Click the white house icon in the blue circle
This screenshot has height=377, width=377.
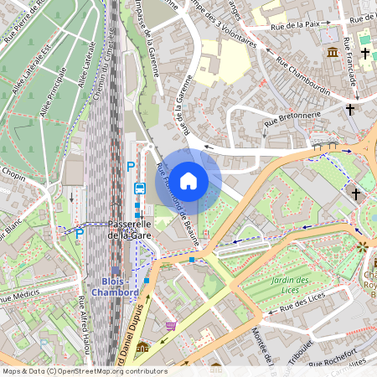(x=188, y=181)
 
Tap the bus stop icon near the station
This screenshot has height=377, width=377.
(x=139, y=188)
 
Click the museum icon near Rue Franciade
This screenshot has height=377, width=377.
(x=333, y=53)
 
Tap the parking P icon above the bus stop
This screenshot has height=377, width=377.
(x=130, y=168)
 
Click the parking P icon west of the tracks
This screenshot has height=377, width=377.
(x=80, y=234)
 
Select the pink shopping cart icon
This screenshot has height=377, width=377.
(x=172, y=326)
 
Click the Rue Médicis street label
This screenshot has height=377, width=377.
(x=25, y=297)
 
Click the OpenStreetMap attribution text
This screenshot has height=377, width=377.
(x=84, y=371)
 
